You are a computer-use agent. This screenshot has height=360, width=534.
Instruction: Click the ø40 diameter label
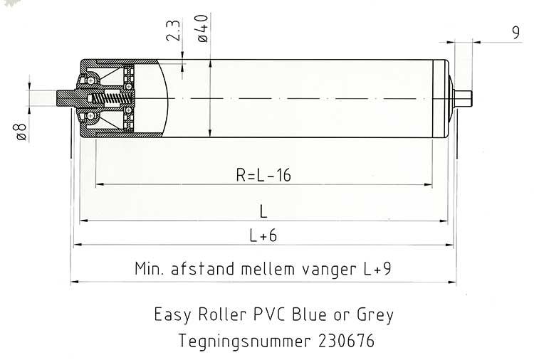pos(203,28)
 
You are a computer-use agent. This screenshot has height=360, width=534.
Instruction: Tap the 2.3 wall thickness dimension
pos(173,31)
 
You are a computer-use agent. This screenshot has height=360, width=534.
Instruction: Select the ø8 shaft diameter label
pos(21,132)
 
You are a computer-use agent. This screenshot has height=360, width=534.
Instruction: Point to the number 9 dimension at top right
pos(516,33)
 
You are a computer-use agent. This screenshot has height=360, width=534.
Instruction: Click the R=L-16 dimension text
pos(263,175)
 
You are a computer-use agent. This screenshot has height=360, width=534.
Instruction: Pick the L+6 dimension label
pos(263,235)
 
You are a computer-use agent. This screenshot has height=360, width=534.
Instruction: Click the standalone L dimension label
pos(263,211)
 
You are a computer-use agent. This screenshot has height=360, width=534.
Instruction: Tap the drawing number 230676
pos(346,341)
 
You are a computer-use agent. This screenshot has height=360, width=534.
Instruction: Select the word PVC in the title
pos(269,314)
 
